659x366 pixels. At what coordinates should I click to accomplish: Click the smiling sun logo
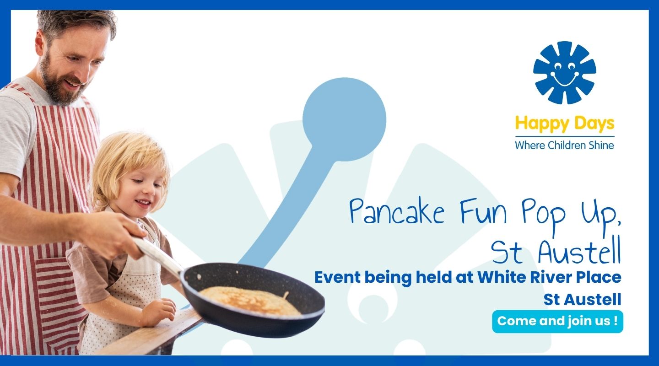[x=565, y=73]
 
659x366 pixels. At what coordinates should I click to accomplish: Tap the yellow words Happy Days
[x=565, y=124]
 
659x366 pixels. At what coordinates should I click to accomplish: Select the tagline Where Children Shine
[x=565, y=145]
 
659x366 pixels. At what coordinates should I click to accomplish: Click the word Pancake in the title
[x=397, y=211]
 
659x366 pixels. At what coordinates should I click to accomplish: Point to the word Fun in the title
[x=483, y=210]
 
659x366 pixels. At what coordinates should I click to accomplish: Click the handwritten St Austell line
[x=556, y=251]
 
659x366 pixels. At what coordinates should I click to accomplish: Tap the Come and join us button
[x=557, y=321]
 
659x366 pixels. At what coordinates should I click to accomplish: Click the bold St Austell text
[x=582, y=300]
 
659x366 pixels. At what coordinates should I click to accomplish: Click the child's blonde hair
[x=130, y=165]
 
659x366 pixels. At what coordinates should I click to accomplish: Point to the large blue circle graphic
[x=344, y=119]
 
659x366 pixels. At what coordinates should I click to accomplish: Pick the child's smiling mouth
[x=144, y=203]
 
